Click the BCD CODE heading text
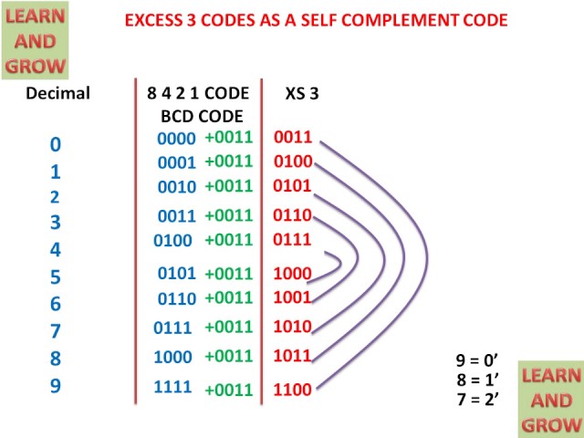pyautogui.click(x=202, y=116)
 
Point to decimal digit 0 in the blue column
pyautogui.click(x=56, y=144)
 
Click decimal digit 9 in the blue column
pyautogui.click(x=56, y=386)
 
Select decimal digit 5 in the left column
pyautogui.click(x=56, y=276)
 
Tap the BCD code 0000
pyautogui.click(x=176, y=139)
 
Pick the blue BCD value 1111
pyautogui.click(x=172, y=386)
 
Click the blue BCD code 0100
pyautogui.click(x=173, y=241)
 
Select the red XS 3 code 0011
pyautogui.click(x=293, y=138)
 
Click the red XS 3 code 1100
pyautogui.click(x=293, y=391)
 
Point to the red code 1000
pyautogui.click(x=293, y=273)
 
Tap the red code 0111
pyautogui.click(x=293, y=240)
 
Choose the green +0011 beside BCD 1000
pyautogui.click(x=228, y=356)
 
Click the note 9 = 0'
pyautogui.click(x=476, y=360)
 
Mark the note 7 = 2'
pyautogui.click(x=476, y=399)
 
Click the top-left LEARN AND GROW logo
pyautogui.click(x=36, y=39)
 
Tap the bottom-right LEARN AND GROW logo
pyautogui.click(x=550, y=399)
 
